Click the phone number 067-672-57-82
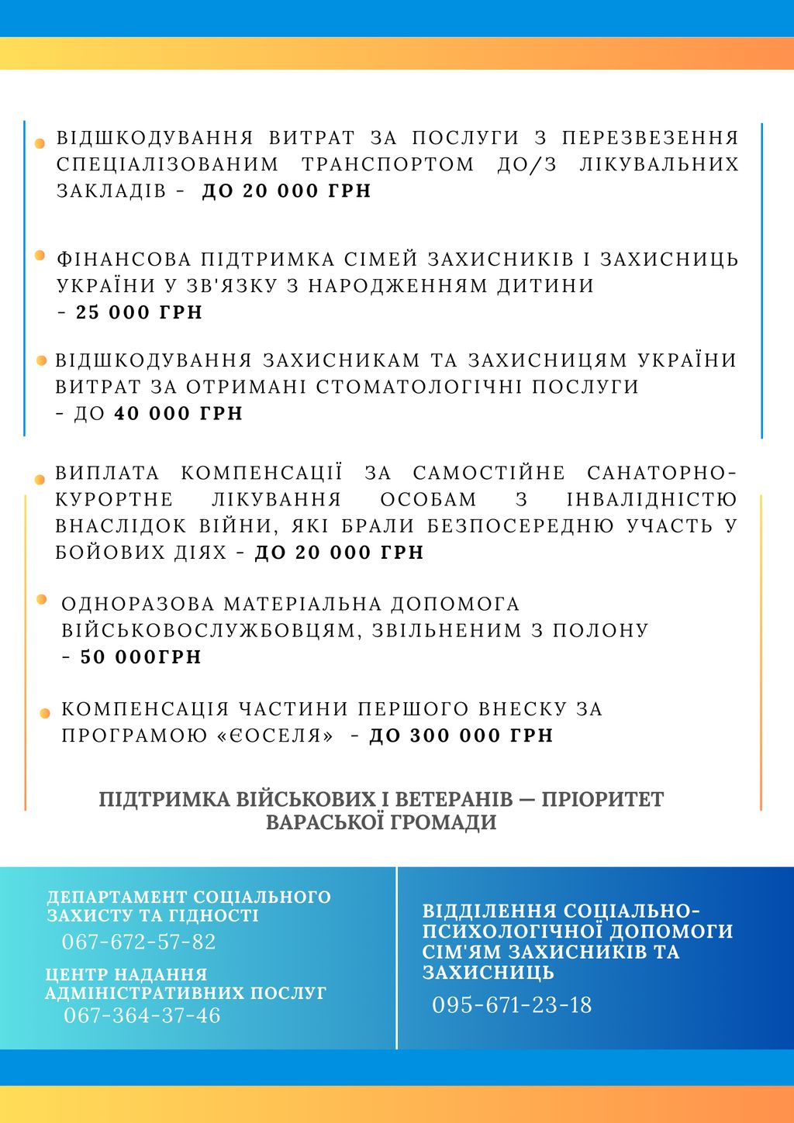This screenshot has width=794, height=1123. (x=139, y=942)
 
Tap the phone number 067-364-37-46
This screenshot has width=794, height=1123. (x=142, y=1015)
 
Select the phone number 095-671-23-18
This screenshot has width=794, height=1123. (x=512, y=1005)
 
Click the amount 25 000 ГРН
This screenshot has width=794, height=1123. (x=139, y=312)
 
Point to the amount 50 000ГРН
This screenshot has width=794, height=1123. (x=141, y=657)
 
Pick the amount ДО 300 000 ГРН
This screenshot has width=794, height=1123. (x=461, y=735)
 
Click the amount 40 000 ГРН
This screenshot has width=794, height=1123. (x=178, y=414)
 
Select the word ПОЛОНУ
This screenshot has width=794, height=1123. (x=601, y=630)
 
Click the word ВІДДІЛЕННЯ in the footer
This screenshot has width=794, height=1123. (x=489, y=911)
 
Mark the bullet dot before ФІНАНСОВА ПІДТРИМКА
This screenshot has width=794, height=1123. (x=40, y=255)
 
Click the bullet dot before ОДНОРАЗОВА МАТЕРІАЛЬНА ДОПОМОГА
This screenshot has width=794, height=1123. (x=42, y=599)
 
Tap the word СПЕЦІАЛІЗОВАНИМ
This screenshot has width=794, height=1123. (x=167, y=164)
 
